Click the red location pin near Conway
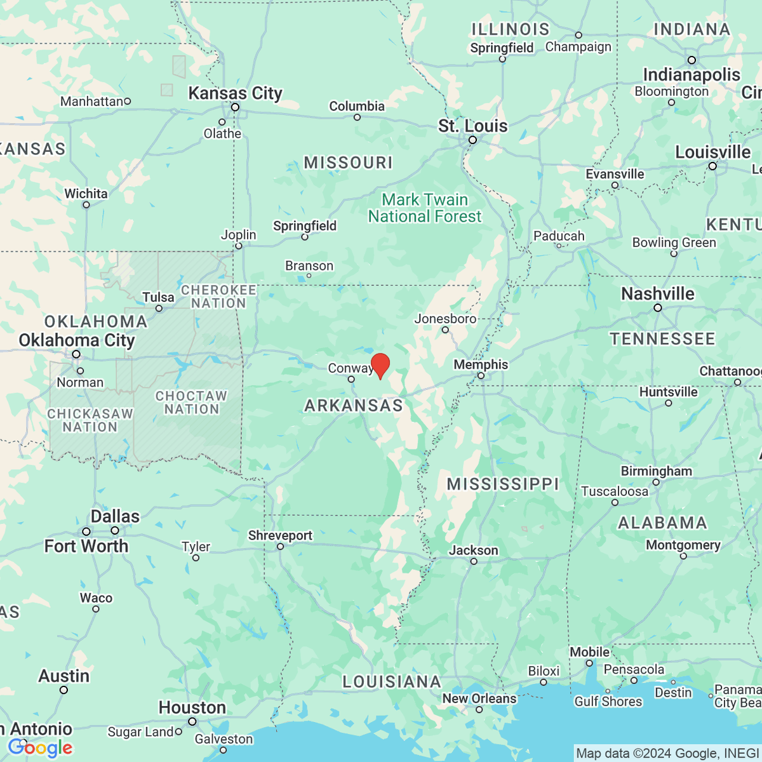tap(380, 366)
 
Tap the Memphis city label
tap(481, 364)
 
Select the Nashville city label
tap(657, 294)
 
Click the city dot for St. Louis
tap(472, 140)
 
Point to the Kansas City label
tap(235, 93)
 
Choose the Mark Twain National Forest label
tap(425, 208)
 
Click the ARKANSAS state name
tap(354, 406)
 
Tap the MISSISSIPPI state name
tap(503, 484)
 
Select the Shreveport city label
tap(280, 535)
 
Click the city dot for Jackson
tap(474, 561)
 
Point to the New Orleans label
tap(479, 698)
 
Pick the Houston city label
tap(192, 707)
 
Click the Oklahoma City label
tap(77, 340)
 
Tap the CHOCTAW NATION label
tap(191, 403)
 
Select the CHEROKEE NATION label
tap(218, 297)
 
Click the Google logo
tap(40, 748)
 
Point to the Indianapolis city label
tap(692, 75)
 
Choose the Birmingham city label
tap(656, 471)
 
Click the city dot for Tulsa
tap(159, 309)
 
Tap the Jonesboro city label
tap(445, 319)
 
